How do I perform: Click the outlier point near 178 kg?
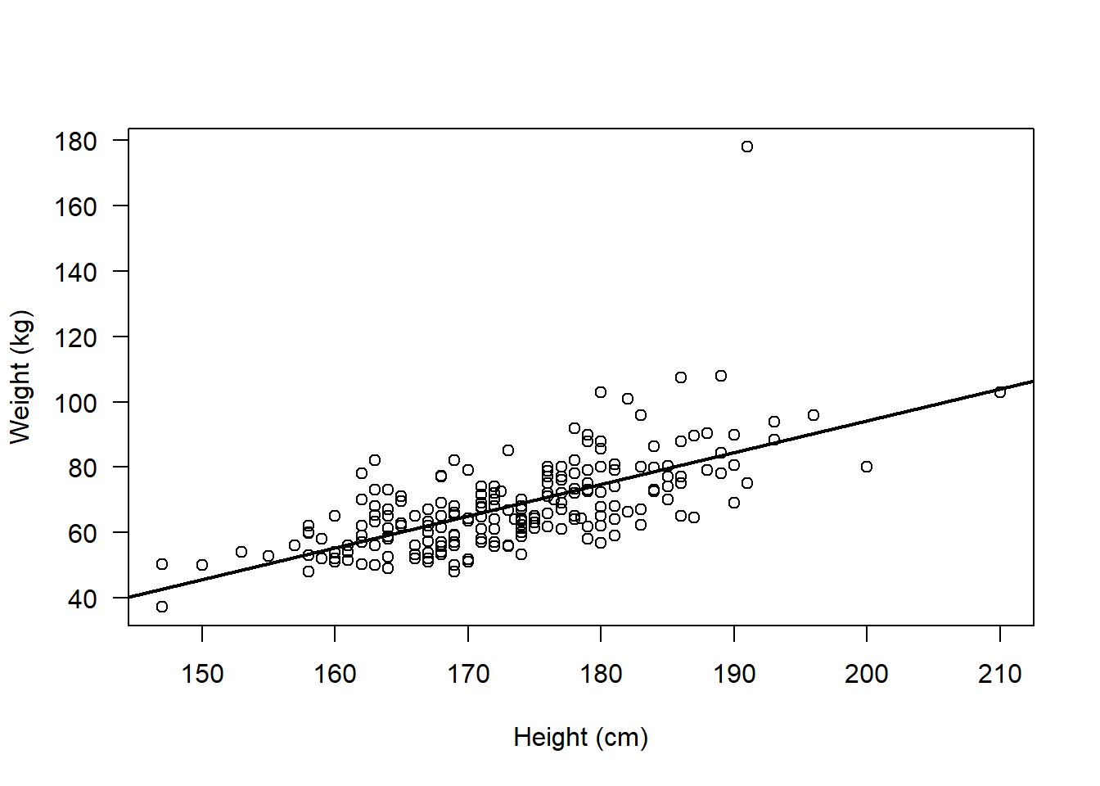(x=747, y=147)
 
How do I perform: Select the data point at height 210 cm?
(x=999, y=392)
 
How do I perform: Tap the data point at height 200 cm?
(x=867, y=467)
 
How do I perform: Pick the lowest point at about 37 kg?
(x=162, y=607)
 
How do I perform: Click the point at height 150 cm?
(x=202, y=565)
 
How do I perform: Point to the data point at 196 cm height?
(x=814, y=415)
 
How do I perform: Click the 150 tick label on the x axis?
(x=202, y=674)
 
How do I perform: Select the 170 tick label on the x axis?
(x=468, y=674)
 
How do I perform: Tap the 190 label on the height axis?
(x=734, y=674)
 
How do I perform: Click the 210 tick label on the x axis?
(x=999, y=674)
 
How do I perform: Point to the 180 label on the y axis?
(x=76, y=141)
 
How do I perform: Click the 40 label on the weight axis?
(x=83, y=599)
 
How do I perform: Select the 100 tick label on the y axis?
(x=76, y=403)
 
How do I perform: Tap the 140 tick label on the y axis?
(x=76, y=272)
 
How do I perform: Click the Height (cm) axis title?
(x=580, y=737)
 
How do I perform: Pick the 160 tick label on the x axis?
(x=335, y=674)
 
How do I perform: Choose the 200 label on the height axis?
(x=867, y=674)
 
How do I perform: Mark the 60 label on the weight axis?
(x=83, y=533)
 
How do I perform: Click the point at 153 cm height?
(x=241, y=552)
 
